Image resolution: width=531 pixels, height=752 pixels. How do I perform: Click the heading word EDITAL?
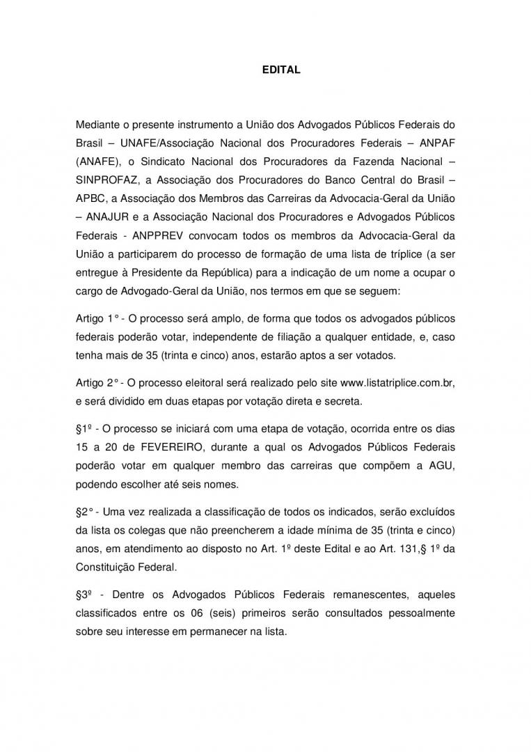[280, 70]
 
